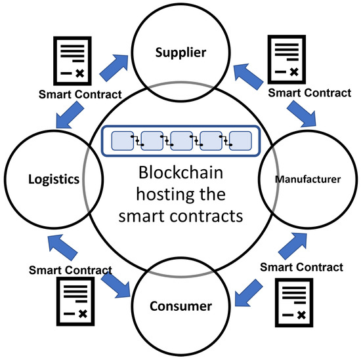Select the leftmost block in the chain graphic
(123, 141)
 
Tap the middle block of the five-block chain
(180, 141)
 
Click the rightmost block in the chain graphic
(240, 141)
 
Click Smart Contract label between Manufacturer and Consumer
(301, 267)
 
